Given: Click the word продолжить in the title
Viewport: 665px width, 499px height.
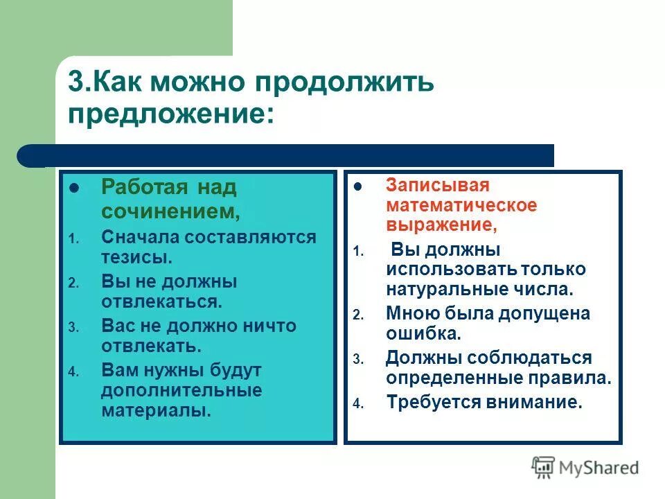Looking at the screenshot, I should tap(345, 82).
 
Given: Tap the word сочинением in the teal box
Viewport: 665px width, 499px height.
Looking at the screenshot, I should tap(170, 209).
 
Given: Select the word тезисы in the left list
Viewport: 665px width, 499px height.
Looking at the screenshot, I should tap(136, 257).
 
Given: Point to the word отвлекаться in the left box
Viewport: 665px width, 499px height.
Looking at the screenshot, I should tap(161, 301).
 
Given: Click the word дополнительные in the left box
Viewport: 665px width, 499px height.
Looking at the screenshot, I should tap(181, 389).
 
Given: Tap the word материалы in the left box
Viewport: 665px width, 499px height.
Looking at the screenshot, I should tap(155, 410).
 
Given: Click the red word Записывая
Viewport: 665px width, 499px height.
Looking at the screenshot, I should tap(438, 186).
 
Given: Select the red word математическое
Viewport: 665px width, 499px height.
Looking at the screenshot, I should tap(461, 206).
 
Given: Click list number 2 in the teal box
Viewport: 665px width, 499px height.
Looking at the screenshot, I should tap(73, 283).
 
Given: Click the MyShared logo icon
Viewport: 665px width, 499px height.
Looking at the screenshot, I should tap(544, 468).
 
